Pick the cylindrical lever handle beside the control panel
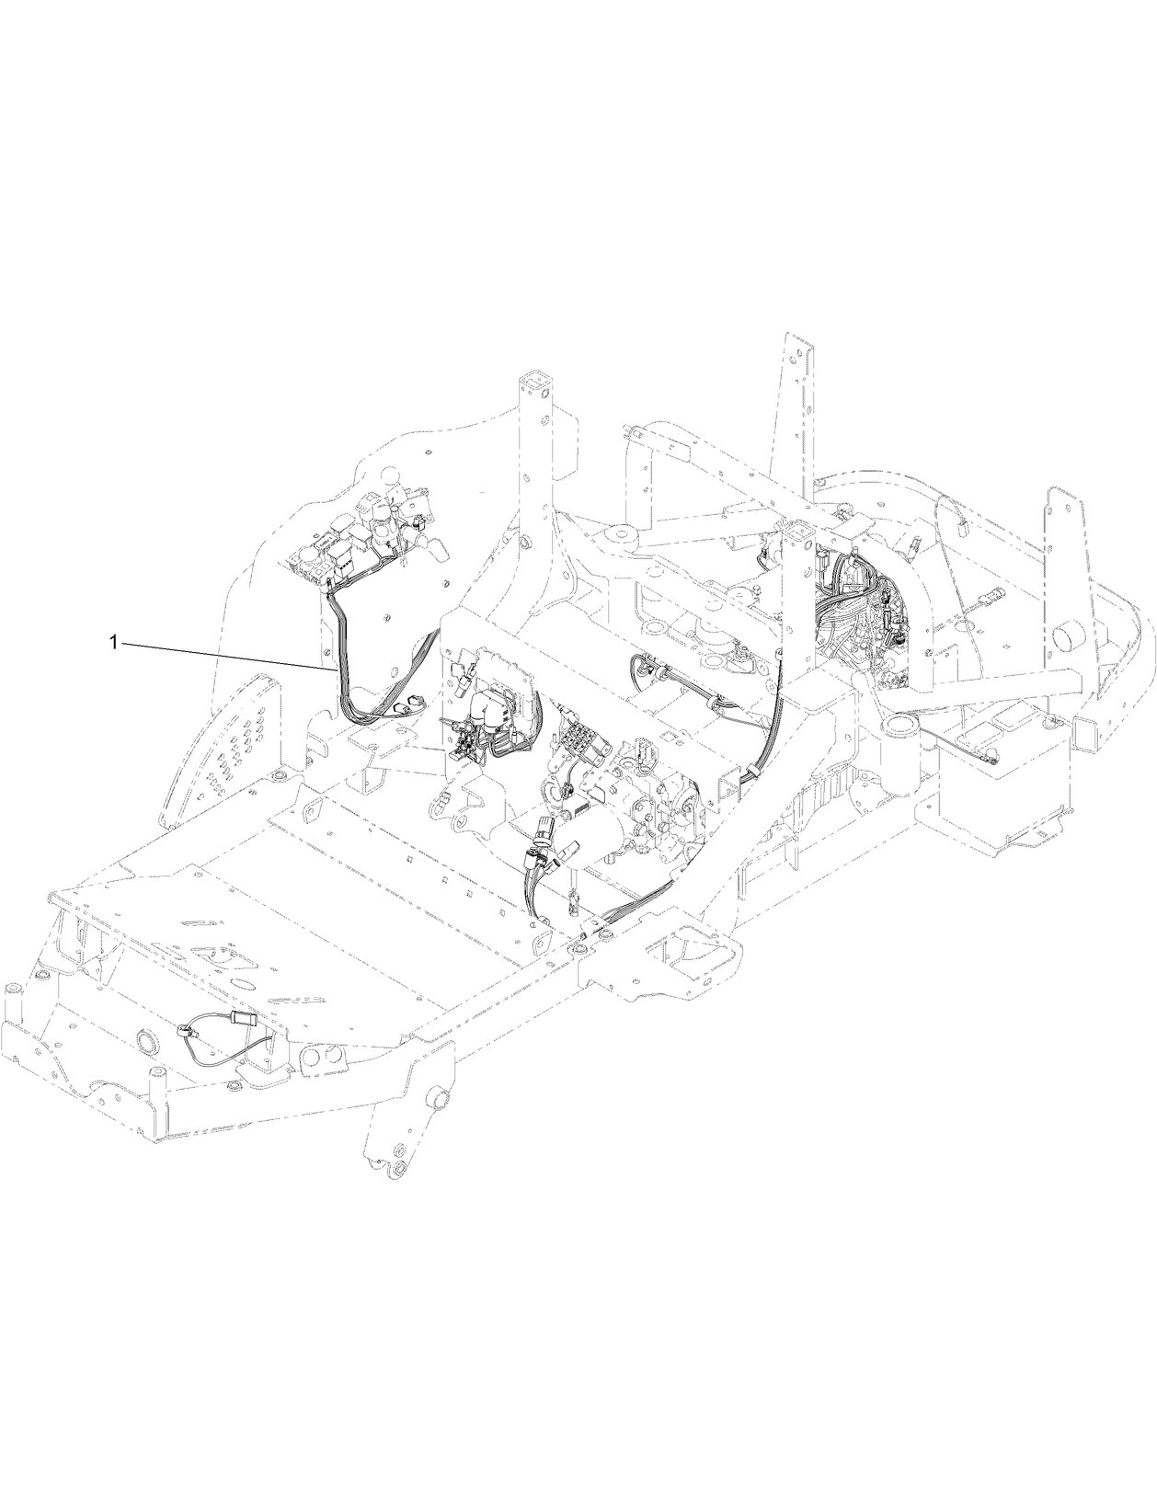pyautogui.click(x=438, y=549)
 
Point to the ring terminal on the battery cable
pyautogui.click(x=992, y=761)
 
